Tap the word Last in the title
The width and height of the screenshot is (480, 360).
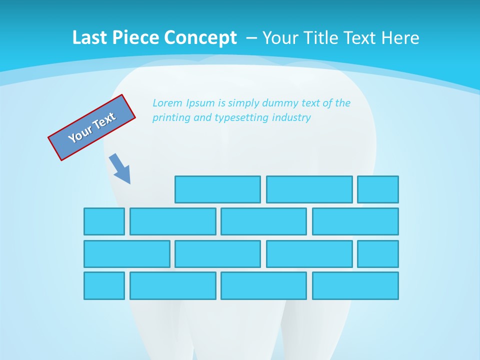tap(88, 37)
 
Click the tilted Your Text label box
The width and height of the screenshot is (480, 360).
tap(92, 127)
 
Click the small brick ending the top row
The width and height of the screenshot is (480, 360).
tap(378, 189)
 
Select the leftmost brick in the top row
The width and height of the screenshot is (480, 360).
tap(217, 189)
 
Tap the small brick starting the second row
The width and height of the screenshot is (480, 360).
tap(104, 221)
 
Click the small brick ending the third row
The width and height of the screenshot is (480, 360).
tap(378, 254)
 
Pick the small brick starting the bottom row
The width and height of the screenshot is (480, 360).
tap(104, 285)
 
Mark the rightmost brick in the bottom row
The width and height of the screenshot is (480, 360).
tap(355, 285)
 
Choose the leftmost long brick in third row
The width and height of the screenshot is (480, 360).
tap(127, 254)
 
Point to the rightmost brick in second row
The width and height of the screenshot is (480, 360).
tap(355, 221)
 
